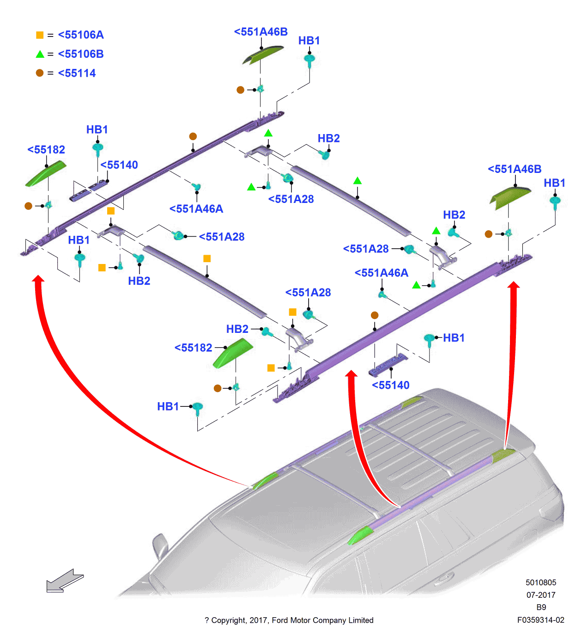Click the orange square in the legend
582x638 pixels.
(x=40, y=35)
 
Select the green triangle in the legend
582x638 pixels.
(x=40, y=54)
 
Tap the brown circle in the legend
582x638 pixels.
(x=40, y=73)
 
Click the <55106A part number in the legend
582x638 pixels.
(x=81, y=35)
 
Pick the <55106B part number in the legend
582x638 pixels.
(x=81, y=54)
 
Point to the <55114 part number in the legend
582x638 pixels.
(x=77, y=73)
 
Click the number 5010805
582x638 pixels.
(x=541, y=583)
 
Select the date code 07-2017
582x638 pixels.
(x=541, y=595)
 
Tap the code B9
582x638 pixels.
(x=541, y=607)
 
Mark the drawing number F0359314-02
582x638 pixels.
(x=540, y=620)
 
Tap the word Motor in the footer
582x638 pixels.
(x=300, y=620)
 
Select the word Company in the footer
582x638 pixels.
(x=329, y=620)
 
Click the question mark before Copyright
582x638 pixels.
(x=206, y=620)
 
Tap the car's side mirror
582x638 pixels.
(x=161, y=546)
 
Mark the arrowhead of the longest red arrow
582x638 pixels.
(x=39, y=279)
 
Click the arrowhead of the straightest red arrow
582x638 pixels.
(x=514, y=285)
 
